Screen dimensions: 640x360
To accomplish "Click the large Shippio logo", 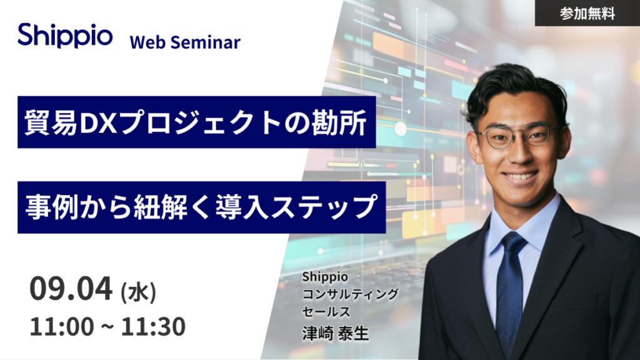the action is tap(65, 36).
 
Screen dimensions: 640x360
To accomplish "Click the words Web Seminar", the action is tap(185, 42).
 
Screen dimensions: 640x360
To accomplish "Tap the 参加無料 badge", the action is tap(587, 14).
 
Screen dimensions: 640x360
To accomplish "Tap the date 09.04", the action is tap(71, 289).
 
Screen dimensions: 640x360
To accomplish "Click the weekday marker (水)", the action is tap(138, 292).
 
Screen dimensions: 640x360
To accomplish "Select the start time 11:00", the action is tap(62, 326).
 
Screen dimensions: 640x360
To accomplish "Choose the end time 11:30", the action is tap(153, 326).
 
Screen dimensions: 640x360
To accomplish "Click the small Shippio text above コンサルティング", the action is tap(325, 277).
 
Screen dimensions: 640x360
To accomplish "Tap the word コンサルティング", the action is tap(350, 294).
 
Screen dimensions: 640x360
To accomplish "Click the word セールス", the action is tap(326, 311).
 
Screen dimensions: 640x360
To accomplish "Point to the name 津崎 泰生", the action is tap(336, 333).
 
